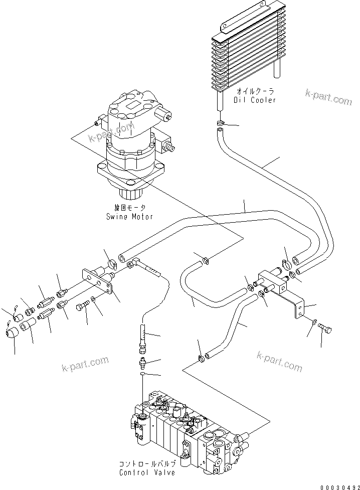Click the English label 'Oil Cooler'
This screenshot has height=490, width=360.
(x=255, y=100)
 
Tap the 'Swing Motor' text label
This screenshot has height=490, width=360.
(x=129, y=217)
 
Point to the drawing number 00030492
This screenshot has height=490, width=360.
(x=338, y=486)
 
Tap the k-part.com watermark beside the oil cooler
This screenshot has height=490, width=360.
(x=328, y=97)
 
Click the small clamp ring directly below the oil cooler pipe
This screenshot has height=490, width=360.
(x=221, y=123)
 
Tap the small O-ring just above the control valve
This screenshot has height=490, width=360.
(x=143, y=374)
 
